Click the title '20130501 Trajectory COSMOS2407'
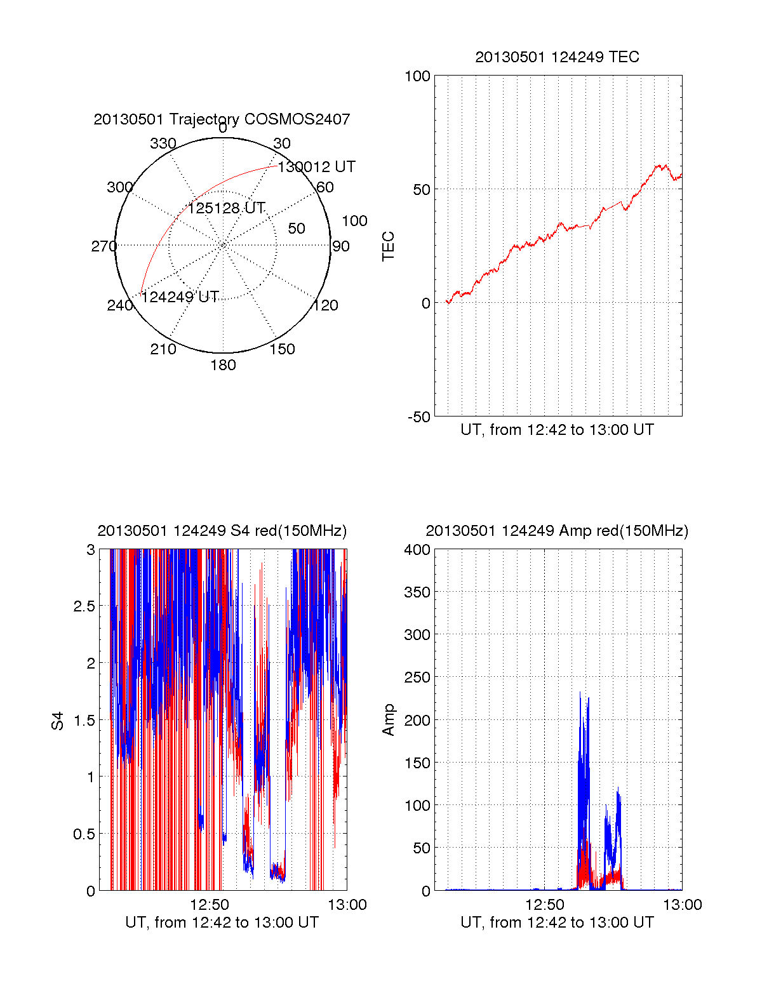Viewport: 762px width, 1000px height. [x=222, y=119]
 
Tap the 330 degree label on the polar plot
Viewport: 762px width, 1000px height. [x=163, y=143]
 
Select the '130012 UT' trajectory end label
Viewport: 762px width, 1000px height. [x=316, y=167]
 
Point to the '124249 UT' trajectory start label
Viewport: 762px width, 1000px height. [x=180, y=297]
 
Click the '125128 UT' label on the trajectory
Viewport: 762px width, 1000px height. [x=226, y=208]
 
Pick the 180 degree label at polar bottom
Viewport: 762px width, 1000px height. [x=223, y=365]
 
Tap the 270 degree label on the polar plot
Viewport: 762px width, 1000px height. [x=104, y=246]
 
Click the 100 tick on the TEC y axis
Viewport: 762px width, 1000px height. [x=417, y=76]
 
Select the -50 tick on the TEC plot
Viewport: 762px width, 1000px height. [x=418, y=417]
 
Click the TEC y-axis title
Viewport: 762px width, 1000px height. [x=388, y=246]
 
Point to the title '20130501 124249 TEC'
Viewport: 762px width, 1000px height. [x=557, y=57]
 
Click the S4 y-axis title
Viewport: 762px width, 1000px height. [x=58, y=721]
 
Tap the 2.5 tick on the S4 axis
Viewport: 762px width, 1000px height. [x=84, y=606]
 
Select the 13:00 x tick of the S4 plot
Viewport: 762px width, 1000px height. [x=347, y=905]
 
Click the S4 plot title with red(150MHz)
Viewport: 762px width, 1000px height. [x=222, y=531]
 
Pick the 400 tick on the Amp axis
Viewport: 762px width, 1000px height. [x=417, y=550]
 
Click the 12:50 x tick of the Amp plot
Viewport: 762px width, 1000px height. [x=545, y=905]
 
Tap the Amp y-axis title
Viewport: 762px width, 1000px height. [x=388, y=720]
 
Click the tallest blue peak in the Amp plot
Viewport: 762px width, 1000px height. [x=580, y=694]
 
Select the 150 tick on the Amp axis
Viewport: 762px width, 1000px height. [x=417, y=763]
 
